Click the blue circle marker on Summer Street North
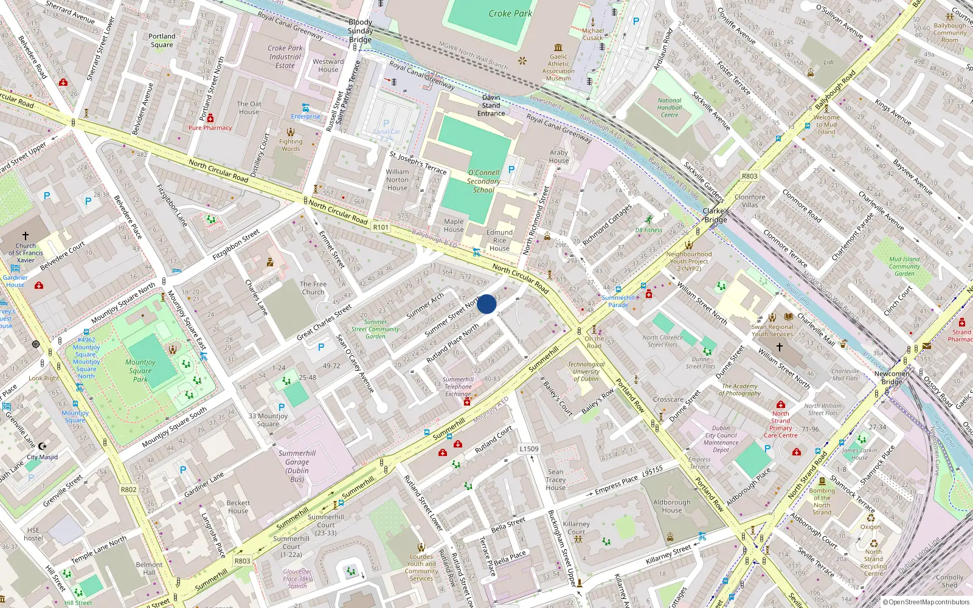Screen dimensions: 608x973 [486, 304]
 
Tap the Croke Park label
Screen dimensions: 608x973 [510, 13]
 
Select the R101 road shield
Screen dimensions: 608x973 [381, 227]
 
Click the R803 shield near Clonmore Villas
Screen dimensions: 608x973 [749, 176]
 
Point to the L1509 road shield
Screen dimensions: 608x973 [528, 449]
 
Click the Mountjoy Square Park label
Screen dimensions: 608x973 [140, 370]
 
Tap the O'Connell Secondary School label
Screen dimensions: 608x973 [483, 181]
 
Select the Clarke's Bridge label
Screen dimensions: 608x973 [716, 215]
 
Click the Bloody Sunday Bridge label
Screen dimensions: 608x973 [361, 31]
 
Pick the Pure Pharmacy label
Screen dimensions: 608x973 [210, 128]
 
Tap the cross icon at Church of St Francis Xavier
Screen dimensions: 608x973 [26, 236]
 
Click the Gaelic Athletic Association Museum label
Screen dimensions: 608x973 [558, 67]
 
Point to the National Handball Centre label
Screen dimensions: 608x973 [670, 108]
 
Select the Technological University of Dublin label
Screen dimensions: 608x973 [586, 371]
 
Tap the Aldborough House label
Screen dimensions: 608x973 [672, 506]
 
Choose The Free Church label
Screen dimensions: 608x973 [313, 288]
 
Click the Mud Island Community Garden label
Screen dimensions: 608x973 [904, 266]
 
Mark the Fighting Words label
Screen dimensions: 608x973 [291, 145]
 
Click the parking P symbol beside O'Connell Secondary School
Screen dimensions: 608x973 [511, 170]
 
